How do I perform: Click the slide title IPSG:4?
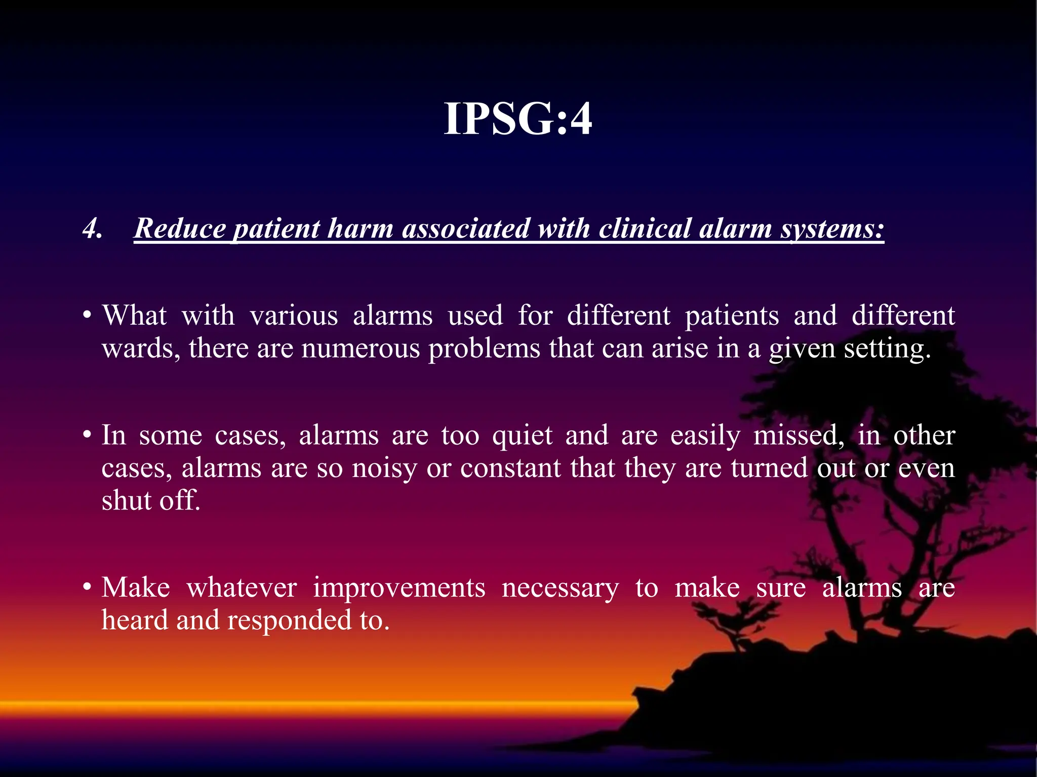[x=517, y=119]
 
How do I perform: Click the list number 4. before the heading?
[x=92, y=229]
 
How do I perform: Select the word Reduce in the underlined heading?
[x=179, y=229]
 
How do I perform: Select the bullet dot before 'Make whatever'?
[x=87, y=587]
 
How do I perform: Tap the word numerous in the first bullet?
[x=361, y=349]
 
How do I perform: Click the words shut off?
[x=151, y=501]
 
